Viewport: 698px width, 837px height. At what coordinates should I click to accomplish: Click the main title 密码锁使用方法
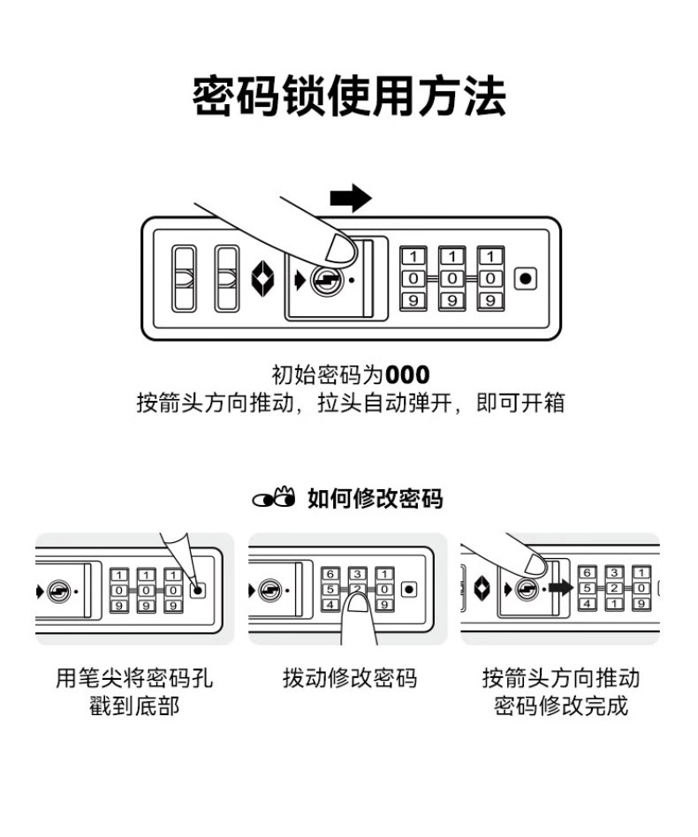pos(349,97)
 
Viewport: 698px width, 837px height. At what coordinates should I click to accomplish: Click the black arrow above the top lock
pos(351,198)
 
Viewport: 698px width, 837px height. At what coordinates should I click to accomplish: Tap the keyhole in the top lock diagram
pos(326,280)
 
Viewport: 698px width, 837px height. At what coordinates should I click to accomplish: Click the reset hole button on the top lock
pos(526,279)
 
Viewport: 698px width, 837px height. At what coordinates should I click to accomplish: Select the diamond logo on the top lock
pos(263,278)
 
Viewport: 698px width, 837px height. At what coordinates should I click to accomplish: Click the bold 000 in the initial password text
pos(407,375)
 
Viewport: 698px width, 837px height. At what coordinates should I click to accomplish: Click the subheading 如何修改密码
pos(375,499)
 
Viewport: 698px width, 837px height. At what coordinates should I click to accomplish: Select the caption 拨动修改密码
pos(349,678)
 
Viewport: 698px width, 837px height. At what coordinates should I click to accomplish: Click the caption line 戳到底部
pos(134,706)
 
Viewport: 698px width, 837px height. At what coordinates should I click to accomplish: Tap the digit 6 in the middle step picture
pos(330,574)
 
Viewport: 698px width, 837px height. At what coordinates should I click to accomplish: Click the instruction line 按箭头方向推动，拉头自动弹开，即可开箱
pos(349,404)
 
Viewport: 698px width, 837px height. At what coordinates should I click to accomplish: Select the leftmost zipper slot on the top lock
pos(184,278)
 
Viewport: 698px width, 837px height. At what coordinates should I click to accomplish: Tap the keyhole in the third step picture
pos(527,589)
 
